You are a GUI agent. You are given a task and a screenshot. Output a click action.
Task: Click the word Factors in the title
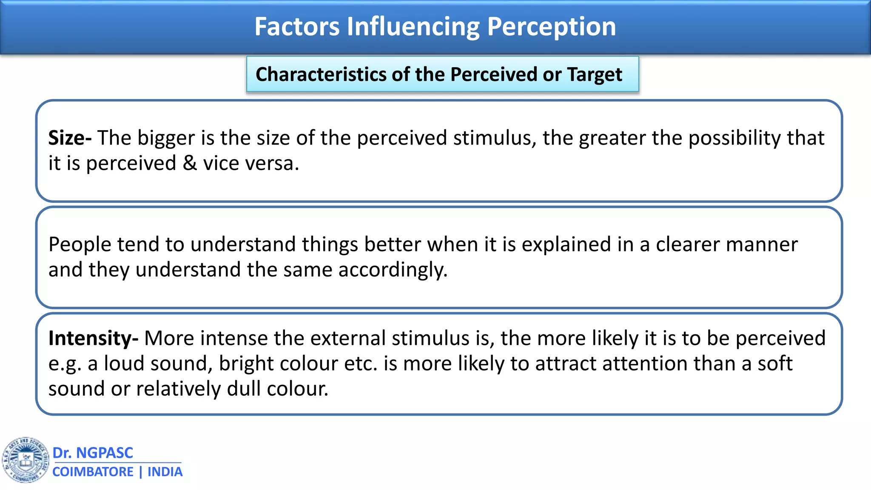pos(297,26)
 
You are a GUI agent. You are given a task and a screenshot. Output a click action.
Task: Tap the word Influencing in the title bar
pos(413,27)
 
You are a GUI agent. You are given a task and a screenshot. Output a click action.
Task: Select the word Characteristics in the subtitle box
pos(321,74)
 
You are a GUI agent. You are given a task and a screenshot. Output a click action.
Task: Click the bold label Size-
pos(70,138)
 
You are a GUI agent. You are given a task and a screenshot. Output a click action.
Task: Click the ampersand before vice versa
pos(190,163)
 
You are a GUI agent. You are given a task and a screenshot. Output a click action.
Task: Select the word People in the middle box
pos(80,245)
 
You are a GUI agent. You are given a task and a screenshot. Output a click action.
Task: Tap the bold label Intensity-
pos(93,339)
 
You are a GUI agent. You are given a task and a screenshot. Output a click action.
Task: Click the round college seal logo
pos(26,460)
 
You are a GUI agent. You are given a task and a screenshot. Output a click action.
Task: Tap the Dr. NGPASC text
pos(93,453)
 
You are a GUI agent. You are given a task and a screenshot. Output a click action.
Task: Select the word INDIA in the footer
pos(165,472)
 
